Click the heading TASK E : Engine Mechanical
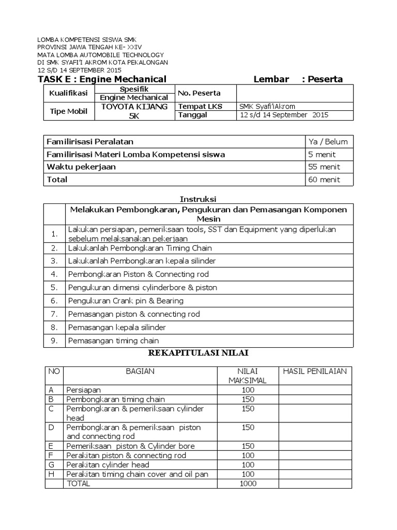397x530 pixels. point(102,79)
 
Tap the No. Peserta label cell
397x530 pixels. point(199,93)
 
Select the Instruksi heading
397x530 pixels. point(198,199)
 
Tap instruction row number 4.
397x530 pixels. point(54,274)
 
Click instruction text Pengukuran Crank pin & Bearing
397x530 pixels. point(126,301)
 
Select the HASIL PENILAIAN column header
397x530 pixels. point(315,371)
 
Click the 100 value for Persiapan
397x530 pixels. point(248,390)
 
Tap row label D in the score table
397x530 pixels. point(51,428)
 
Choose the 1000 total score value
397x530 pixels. point(248,483)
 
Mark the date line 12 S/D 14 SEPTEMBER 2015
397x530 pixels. point(80,70)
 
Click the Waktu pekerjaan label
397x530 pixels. point(81,167)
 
